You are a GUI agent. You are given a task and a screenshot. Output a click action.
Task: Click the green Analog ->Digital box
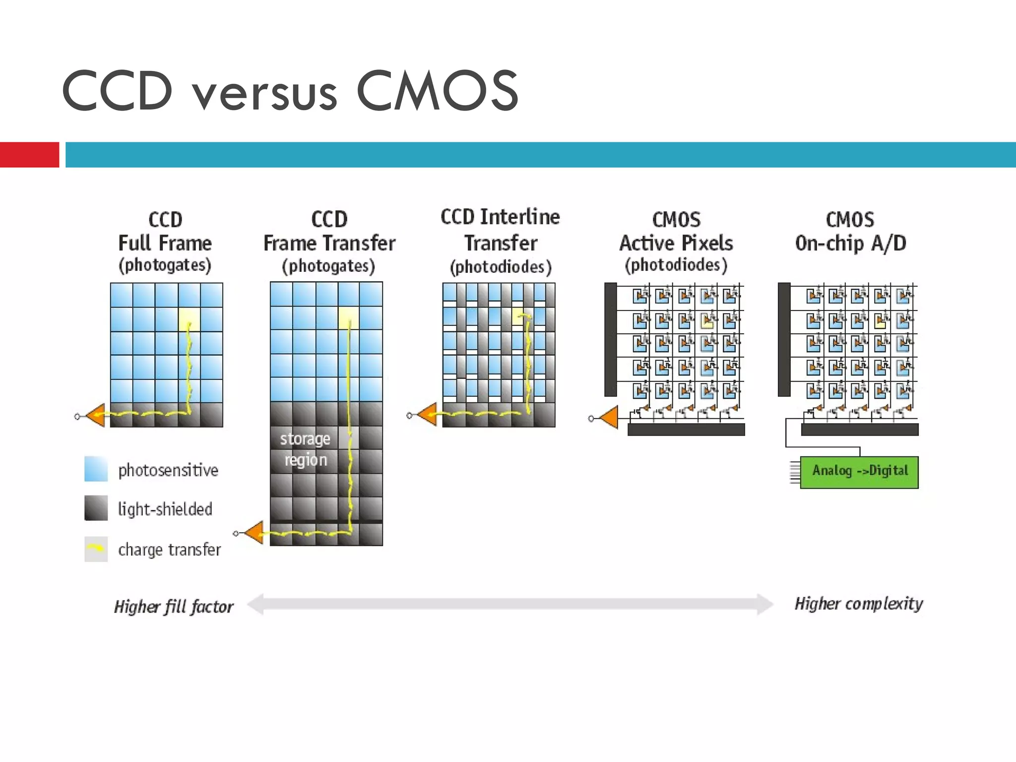tap(859, 472)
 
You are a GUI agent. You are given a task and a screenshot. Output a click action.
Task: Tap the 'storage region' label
tap(305, 449)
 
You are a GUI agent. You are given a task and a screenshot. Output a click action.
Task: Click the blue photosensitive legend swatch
tap(96, 469)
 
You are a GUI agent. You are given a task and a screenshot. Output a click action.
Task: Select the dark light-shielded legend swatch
tap(96, 508)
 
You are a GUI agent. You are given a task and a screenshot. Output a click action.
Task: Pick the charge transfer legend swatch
tap(96, 549)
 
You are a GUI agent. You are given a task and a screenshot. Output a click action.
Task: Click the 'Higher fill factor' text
tap(174, 606)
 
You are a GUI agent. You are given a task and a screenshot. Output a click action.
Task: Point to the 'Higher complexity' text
tap(859, 604)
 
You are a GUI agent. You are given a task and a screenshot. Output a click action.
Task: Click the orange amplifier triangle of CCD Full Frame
tap(96, 416)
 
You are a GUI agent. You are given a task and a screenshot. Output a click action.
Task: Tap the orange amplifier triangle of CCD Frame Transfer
tap(254, 533)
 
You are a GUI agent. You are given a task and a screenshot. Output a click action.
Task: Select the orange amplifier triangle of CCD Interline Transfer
tap(428, 415)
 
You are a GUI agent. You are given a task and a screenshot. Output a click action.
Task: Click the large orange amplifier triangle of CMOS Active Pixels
tap(610, 418)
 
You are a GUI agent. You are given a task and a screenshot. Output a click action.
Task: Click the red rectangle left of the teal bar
tap(29, 155)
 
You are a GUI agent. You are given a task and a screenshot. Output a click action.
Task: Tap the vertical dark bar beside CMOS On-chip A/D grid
tap(784, 340)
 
